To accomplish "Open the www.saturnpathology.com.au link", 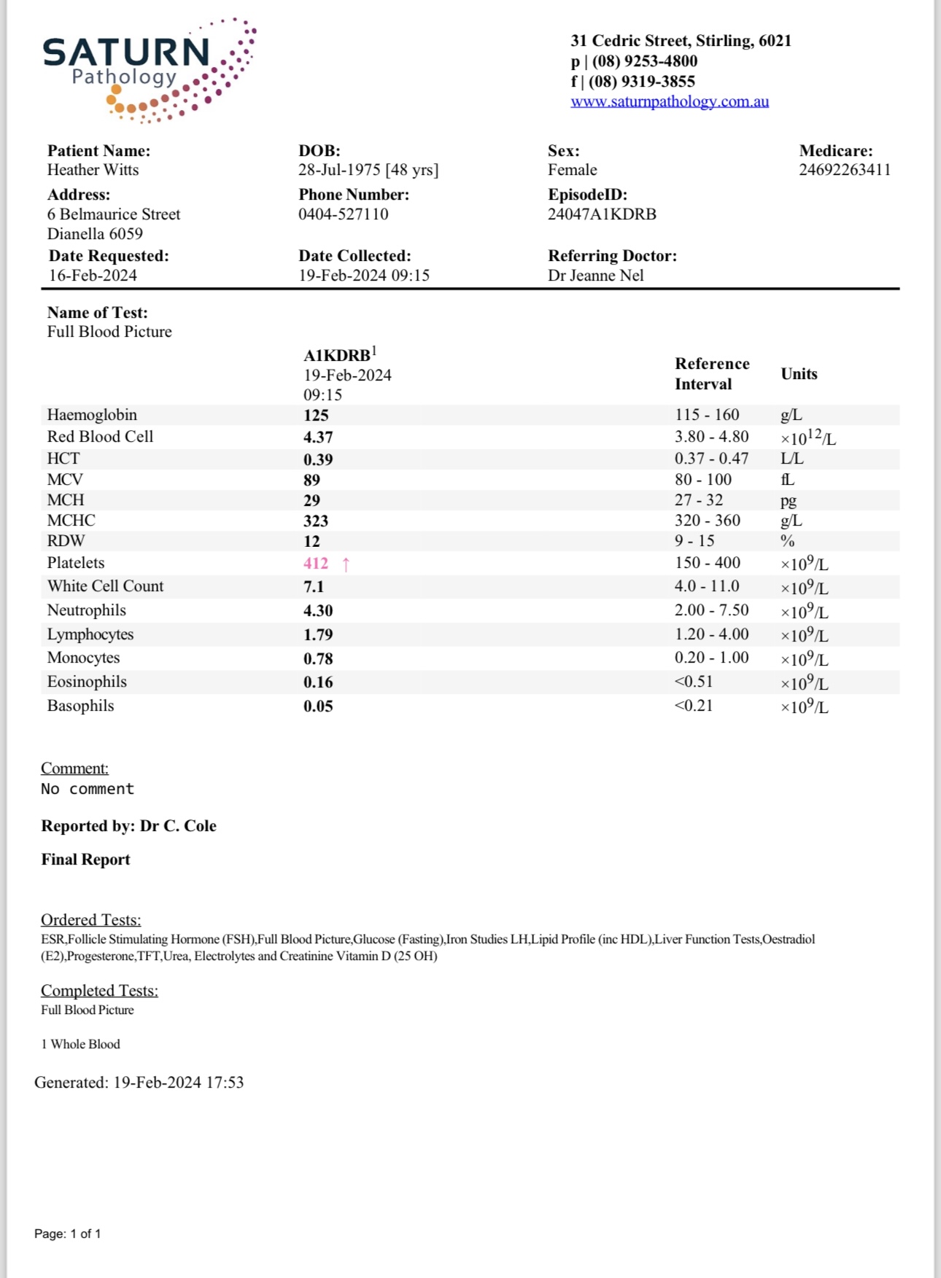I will [x=669, y=101].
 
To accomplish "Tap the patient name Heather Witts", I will [x=93, y=170].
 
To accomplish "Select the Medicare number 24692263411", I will [x=844, y=170].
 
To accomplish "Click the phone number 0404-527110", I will [x=343, y=214].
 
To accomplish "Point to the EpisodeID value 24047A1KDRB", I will [x=602, y=214].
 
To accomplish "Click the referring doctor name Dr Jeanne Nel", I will [x=595, y=276].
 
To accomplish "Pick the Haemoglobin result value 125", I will [x=316, y=416].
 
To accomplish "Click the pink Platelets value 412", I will [x=316, y=564].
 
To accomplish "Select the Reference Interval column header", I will [x=711, y=374].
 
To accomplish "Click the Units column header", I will [x=799, y=374].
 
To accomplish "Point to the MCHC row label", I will [x=71, y=521].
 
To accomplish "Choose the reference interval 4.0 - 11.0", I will [x=706, y=586].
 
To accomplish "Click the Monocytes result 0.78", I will [x=318, y=659].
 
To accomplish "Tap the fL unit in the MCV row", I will [x=787, y=480].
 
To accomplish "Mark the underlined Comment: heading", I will [x=74, y=768].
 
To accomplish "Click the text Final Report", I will [x=85, y=860].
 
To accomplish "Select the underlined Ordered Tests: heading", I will [x=90, y=920].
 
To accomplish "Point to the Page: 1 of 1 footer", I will [x=67, y=1234].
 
